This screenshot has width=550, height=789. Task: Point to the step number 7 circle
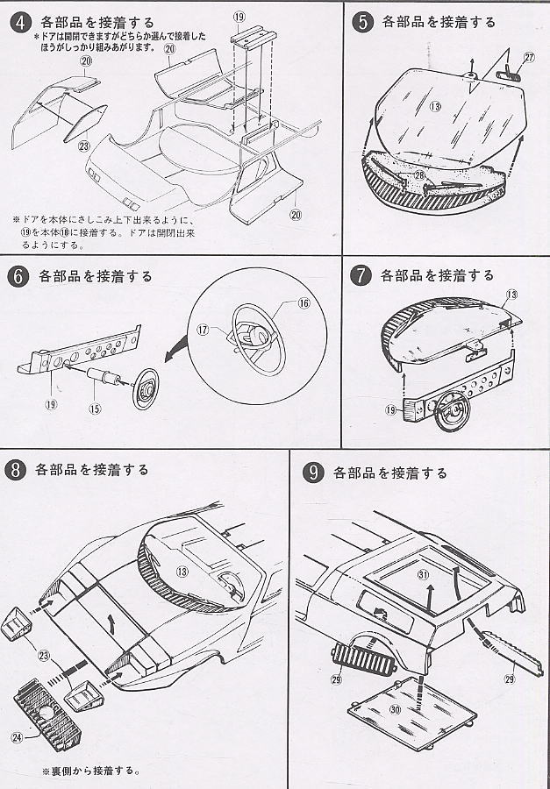[x=360, y=275]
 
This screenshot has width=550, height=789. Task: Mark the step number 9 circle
[x=311, y=473]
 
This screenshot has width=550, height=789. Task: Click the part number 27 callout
[x=528, y=58]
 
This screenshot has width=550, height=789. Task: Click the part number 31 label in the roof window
[x=423, y=575]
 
